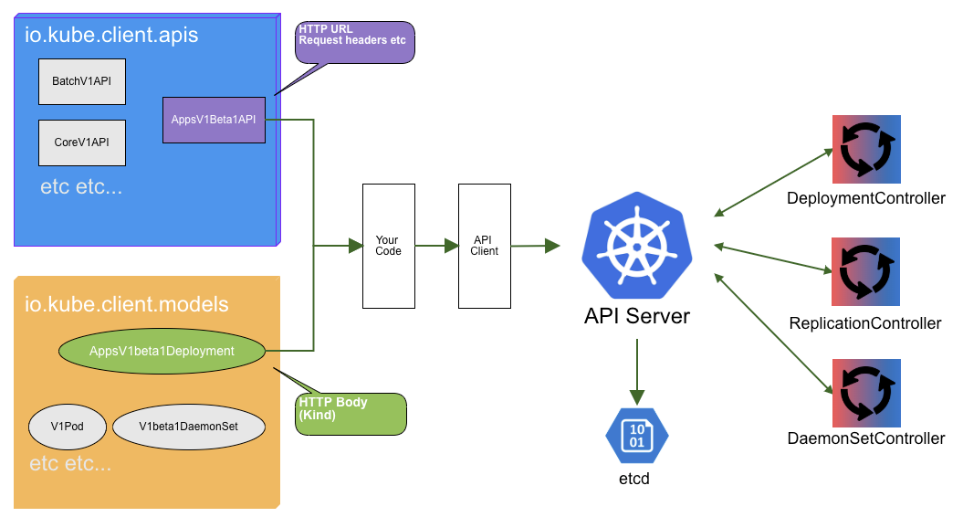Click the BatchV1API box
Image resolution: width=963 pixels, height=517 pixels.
coord(81,82)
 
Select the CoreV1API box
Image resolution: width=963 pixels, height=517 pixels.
coord(81,142)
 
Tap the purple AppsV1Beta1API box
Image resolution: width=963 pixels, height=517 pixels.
coord(214,120)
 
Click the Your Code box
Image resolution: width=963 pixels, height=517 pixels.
coord(389,246)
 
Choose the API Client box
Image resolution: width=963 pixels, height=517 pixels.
coord(484,246)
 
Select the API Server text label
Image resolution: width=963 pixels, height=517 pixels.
coord(636,317)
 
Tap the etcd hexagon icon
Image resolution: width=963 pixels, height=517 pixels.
coord(636,437)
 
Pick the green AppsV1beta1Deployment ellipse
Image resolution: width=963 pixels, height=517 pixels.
coord(162,351)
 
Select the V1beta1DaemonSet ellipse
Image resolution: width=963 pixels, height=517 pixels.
coord(189,427)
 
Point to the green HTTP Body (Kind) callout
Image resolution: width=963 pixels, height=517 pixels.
coord(351,414)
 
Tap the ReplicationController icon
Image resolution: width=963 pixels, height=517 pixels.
coord(865,271)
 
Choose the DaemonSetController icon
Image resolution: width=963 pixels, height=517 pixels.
coord(865,393)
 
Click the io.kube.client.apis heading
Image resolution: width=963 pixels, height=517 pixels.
coord(111,37)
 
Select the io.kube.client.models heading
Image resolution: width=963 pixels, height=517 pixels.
coord(126,304)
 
